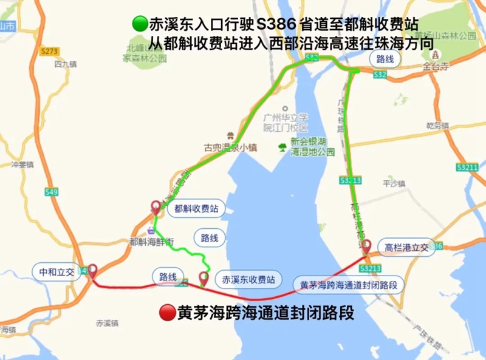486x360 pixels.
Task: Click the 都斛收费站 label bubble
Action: (195, 209)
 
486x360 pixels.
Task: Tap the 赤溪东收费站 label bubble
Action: (248, 279)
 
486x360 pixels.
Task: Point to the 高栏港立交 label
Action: (406, 247)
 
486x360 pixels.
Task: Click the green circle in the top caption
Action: (139, 24)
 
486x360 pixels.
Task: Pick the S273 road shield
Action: (50, 51)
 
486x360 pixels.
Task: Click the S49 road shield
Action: (52, 192)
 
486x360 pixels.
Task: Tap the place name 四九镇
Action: (66, 63)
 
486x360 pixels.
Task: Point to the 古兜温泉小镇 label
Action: (230, 146)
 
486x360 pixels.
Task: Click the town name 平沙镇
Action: (394, 183)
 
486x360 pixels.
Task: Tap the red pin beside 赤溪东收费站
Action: (204, 279)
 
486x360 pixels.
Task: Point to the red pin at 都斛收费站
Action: (156, 208)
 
